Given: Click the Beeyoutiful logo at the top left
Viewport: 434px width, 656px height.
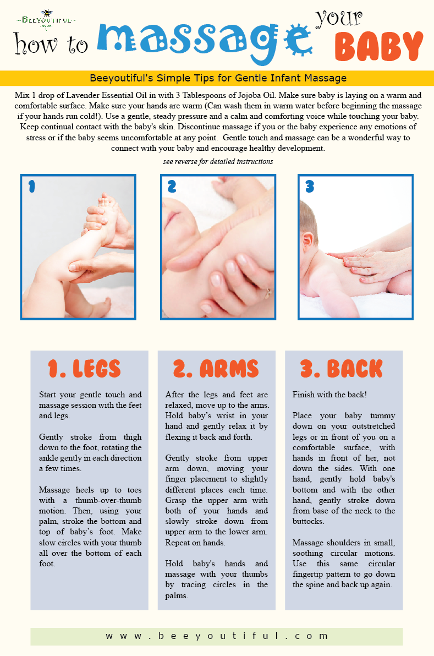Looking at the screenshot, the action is click(46, 19).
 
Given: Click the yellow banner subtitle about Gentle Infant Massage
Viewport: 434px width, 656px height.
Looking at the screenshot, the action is click(218, 78).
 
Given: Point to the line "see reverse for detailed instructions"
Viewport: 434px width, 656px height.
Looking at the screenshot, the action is click(218, 161).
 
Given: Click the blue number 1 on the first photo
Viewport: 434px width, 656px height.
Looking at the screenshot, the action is click(31, 186).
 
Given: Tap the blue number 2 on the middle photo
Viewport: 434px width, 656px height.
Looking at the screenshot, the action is click(172, 186).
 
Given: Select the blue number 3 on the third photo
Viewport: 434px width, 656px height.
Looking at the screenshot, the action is click(310, 186).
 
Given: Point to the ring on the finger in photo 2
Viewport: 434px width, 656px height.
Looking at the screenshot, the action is click(267, 292).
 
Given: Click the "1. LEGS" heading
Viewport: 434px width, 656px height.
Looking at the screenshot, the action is click(85, 369).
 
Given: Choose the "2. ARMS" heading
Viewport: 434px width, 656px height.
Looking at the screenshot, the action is click(216, 369).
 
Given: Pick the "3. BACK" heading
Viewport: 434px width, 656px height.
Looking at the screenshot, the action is click(342, 369).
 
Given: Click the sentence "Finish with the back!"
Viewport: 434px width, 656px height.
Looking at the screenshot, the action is click(329, 395).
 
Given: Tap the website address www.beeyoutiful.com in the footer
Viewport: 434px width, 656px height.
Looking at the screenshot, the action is click(217, 636).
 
